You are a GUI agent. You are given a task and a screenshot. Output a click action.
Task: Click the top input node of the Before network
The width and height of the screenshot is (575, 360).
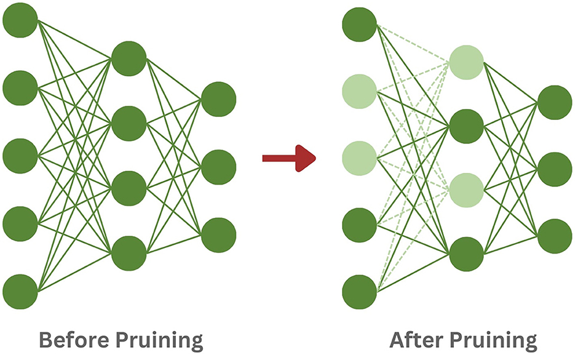point(20,20)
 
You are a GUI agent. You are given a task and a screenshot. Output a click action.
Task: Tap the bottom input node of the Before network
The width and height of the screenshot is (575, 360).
point(20,292)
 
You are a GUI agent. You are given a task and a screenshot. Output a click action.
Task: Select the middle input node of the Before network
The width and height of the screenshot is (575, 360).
point(20,156)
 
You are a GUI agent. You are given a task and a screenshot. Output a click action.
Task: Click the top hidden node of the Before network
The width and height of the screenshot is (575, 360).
point(129,58)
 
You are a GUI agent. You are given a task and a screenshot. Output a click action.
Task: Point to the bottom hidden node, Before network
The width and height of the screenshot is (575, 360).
point(129,253)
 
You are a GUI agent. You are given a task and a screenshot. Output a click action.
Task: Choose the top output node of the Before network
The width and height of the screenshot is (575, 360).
point(218,98)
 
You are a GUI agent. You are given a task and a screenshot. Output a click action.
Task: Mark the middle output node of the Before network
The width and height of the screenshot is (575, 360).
point(218,167)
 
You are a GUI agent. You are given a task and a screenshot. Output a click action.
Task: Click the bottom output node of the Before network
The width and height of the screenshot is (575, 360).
point(218,235)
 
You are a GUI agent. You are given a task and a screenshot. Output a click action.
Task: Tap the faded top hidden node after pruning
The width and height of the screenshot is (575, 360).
point(466,62)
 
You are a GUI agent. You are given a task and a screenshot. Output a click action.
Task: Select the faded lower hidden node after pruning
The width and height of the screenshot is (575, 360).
point(466,190)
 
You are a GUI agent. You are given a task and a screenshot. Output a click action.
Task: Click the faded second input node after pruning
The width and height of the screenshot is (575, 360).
point(359,91)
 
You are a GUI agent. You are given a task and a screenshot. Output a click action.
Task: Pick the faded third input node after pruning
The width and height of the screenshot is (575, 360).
point(359,158)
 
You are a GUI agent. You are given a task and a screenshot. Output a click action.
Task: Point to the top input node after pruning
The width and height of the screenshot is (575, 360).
point(359,23)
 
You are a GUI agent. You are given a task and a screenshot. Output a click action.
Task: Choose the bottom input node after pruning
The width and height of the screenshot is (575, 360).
point(359,292)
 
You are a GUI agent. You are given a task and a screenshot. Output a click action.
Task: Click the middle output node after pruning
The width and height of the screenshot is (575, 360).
point(555,169)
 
